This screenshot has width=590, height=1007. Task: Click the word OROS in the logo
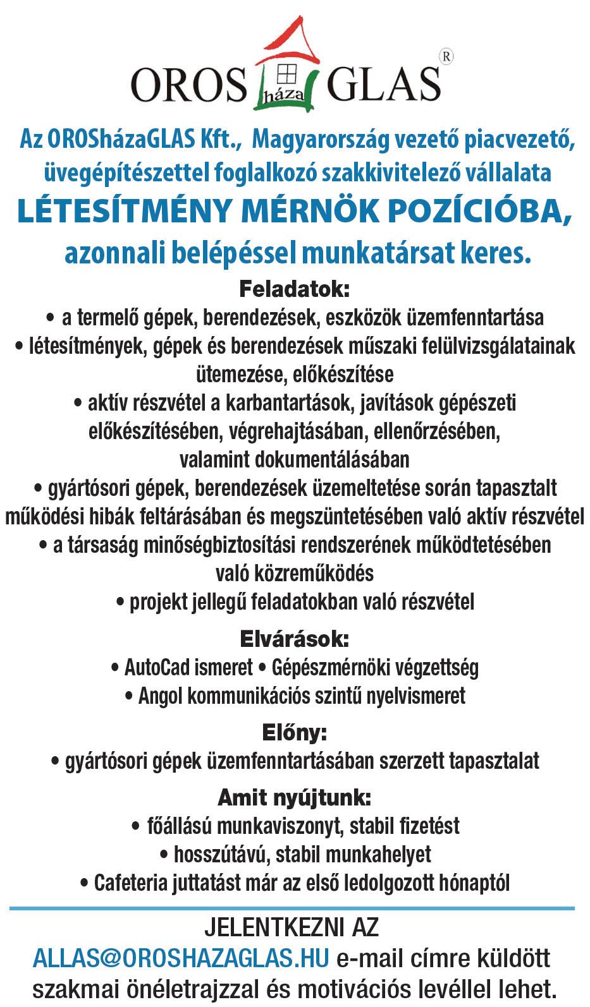tap(188, 84)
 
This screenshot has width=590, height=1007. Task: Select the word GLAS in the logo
tap(384, 84)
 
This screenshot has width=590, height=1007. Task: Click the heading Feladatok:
tap(294, 290)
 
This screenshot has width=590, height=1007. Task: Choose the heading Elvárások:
tap(294, 639)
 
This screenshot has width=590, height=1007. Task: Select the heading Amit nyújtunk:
tap(294, 797)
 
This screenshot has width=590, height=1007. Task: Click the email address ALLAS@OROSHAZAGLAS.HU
tap(181, 958)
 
